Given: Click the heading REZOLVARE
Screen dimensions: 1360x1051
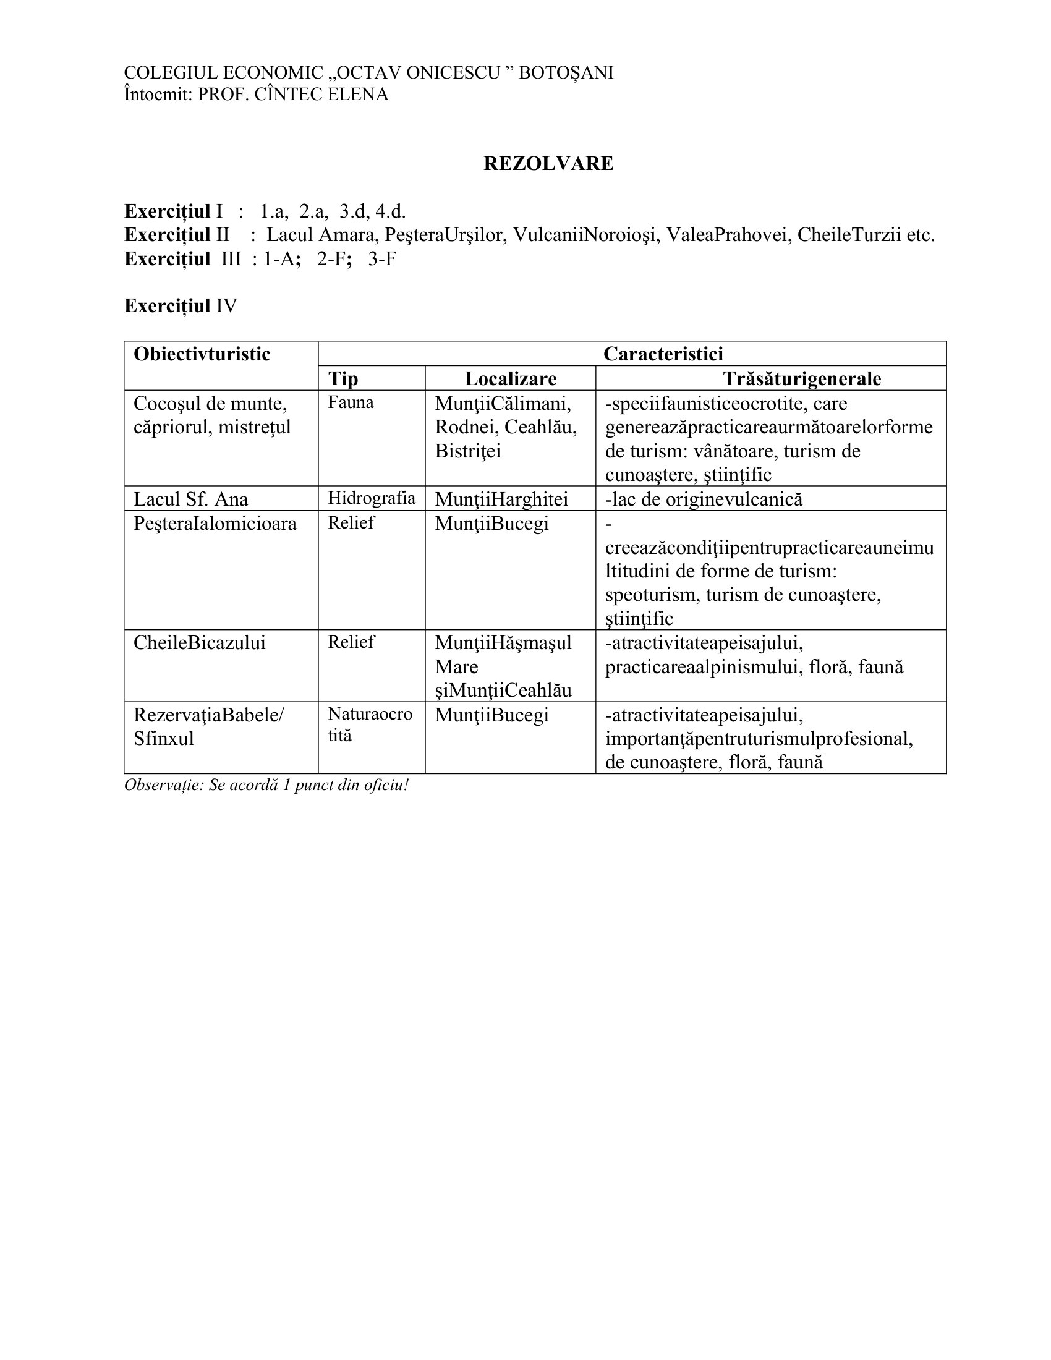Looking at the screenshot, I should pos(548,163).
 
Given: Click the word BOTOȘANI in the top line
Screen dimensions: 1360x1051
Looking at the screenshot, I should pos(566,73).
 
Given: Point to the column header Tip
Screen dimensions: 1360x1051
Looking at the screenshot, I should pos(343,378).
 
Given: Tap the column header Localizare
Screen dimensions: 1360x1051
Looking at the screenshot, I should pos(510,378).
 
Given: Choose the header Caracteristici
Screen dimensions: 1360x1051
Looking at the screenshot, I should pos(663,354).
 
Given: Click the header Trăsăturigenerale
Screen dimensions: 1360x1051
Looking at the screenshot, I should pos(802,378).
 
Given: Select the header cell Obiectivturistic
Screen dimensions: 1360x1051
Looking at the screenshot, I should pos(202,354).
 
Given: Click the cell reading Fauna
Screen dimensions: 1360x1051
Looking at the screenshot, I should pos(351,402).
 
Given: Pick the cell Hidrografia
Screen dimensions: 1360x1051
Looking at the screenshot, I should pos(371,498).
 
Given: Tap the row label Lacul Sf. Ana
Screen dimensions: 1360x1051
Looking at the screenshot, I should pos(190,499).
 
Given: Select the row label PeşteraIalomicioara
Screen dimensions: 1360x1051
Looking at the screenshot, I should pos(215,524).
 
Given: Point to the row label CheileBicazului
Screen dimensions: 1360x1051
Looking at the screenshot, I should pos(199,644).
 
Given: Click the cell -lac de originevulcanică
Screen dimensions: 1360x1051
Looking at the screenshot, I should pos(704,499).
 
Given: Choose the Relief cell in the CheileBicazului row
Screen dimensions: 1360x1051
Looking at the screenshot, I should pos(351,642).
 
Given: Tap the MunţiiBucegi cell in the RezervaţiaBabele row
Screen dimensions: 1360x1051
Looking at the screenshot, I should pos(491,715).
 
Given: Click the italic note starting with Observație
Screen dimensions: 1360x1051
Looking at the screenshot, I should pos(266,784).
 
